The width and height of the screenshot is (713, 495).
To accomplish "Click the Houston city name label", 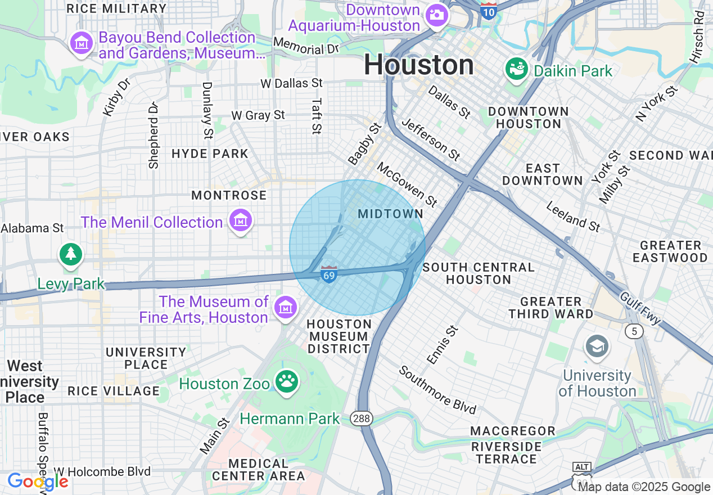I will tap(418, 65).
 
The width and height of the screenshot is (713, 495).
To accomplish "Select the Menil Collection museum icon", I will tap(241, 221).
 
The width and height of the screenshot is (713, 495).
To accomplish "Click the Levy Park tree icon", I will tap(70, 254).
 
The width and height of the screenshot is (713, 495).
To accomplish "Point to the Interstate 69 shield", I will tap(329, 274).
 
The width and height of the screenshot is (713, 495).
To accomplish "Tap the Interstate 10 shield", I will tap(489, 10).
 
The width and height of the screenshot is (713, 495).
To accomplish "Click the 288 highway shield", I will tap(360, 418).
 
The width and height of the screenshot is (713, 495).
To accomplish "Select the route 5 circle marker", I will tap(634, 331).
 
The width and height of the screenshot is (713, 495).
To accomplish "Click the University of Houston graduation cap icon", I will tap(596, 346).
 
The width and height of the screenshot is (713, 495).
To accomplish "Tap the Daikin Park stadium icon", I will tap(516, 69).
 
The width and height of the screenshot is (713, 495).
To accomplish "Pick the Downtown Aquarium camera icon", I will tap(436, 15).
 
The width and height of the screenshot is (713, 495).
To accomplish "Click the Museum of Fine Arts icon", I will tap(286, 308).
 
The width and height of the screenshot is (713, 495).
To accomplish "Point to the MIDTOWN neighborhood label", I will tap(391, 214).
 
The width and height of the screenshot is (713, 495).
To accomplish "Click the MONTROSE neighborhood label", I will tap(229, 195).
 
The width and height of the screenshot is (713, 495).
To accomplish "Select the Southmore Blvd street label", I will tap(438, 389).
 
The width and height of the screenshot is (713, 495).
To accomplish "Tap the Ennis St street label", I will tap(443, 344).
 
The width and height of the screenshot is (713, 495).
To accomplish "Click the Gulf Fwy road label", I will tap(640, 308).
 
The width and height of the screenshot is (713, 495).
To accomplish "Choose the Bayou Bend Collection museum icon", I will tap(82, 43).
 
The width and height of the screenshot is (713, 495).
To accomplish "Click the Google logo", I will tap(38, 481).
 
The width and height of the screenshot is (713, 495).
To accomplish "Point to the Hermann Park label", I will tap(290, 418).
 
